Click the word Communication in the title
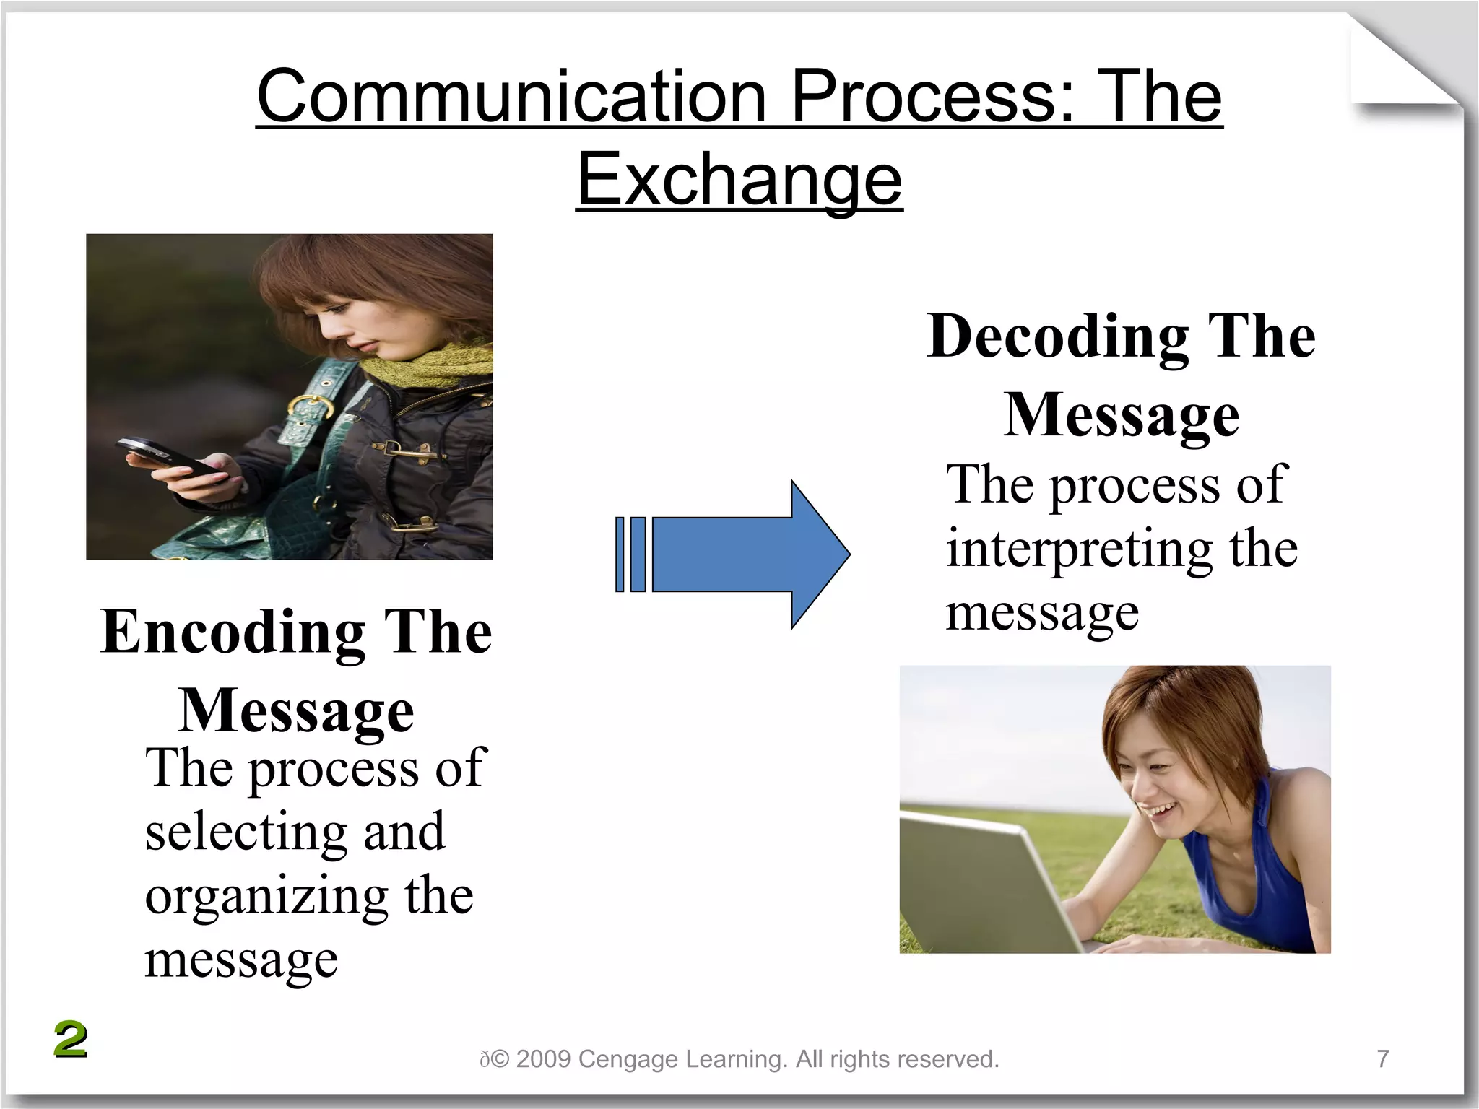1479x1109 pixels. (511, 97)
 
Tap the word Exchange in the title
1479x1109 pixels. (739, 179)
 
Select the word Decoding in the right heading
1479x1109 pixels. (1058, 336)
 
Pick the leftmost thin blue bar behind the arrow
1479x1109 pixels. (620, 554)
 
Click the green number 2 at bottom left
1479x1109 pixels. (71, 1040)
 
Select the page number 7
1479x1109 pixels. (1382, 1058)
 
